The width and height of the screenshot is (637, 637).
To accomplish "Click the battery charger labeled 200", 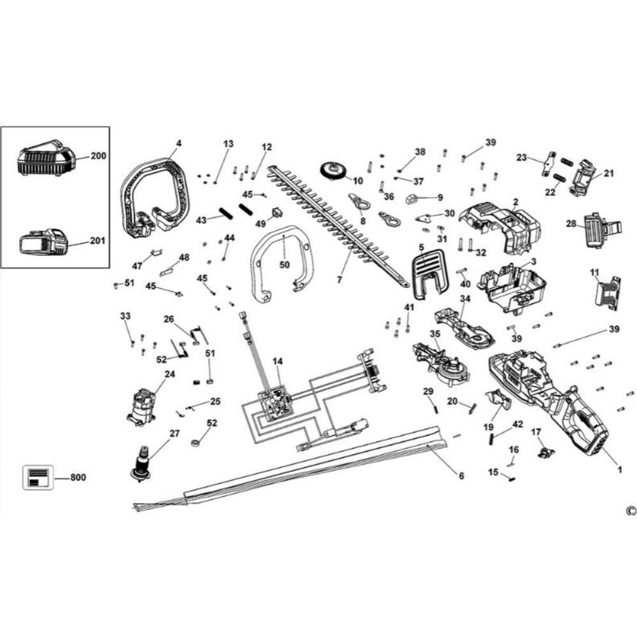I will (46, 159).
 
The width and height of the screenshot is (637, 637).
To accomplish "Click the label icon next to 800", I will (38, 476).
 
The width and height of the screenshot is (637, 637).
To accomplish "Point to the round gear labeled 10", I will (334, 170).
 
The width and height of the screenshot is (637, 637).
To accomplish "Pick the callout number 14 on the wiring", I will (277, 361).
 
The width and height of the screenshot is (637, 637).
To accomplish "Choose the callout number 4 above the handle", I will (179, 143).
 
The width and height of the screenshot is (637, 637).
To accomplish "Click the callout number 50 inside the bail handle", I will (284, 264).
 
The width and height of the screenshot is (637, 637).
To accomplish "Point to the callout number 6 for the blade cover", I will (461, 475).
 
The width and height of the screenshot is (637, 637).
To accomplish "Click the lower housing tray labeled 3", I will (513, 288).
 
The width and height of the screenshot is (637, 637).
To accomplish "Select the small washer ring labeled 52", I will (196, 442).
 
